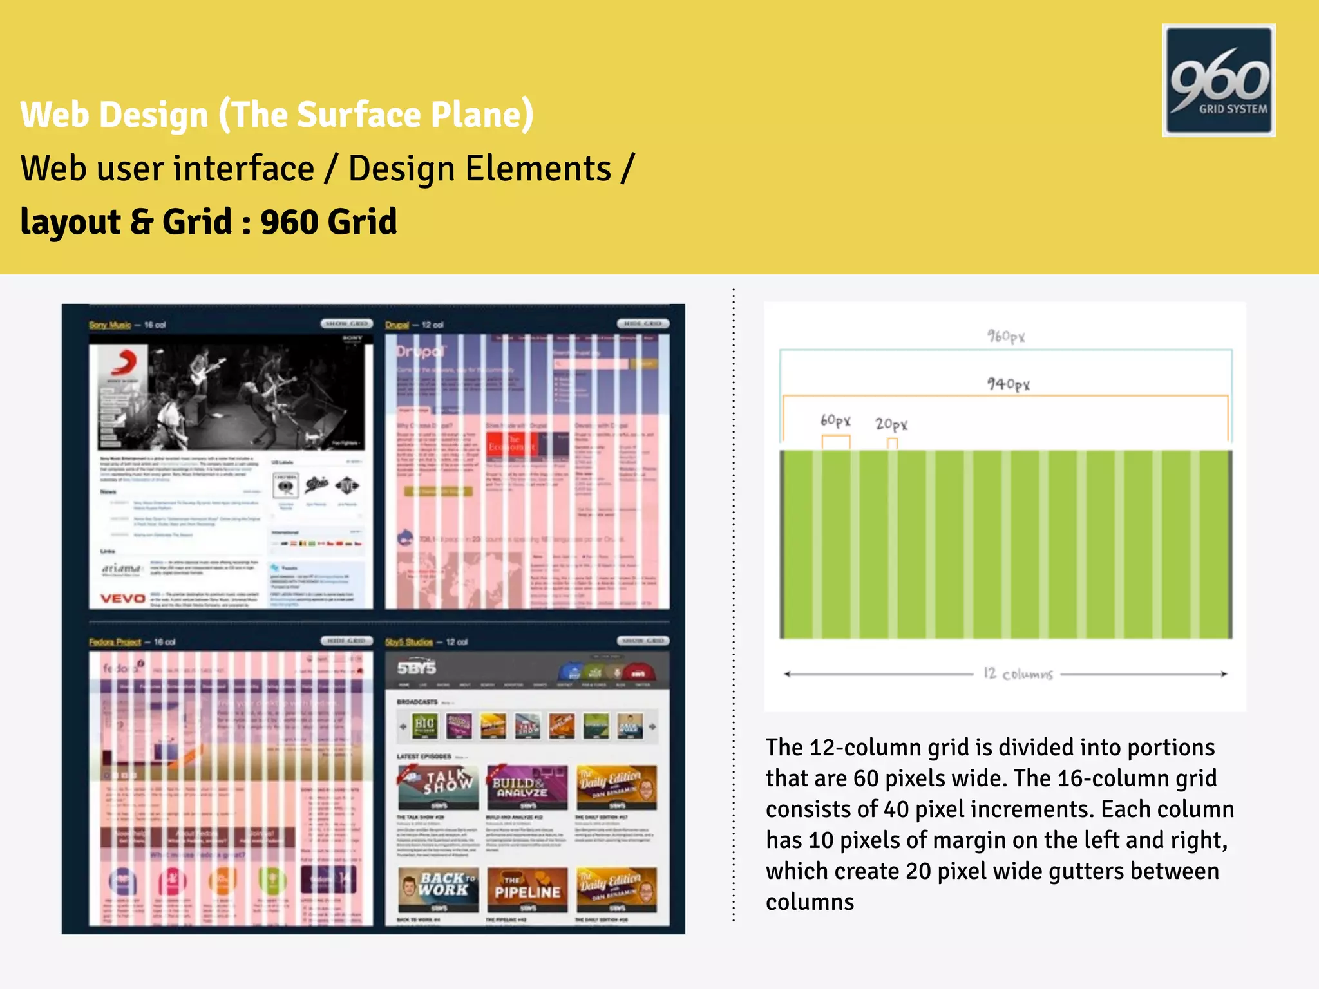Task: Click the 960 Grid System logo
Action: tap(1219, 80)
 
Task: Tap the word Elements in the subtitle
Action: tap(538, 169)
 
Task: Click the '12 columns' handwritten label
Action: tap(1018, 674)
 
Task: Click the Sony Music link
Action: tap(109, 325)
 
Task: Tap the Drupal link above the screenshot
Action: tap(397, 325)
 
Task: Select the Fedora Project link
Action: tap(115, 642)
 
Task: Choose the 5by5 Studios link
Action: tap(409, 642)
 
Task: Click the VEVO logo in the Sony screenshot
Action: tap(122, 599)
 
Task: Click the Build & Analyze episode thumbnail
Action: tap(527, 787)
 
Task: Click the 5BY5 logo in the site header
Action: tap(417, 668)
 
